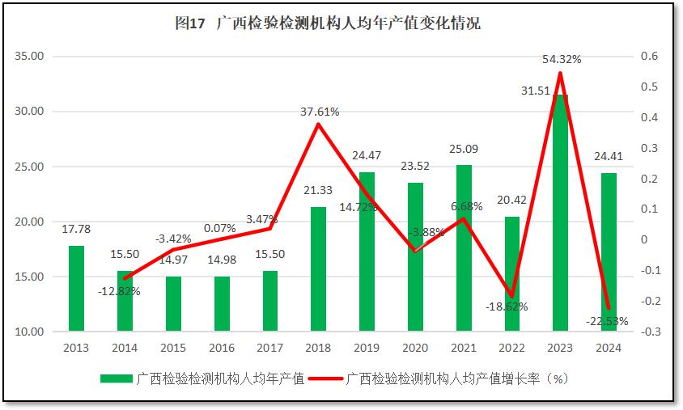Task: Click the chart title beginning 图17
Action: tap(327, 23)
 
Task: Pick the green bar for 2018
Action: tap(318, 269)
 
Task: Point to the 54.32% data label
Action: tap(562, 59)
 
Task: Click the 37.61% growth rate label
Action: tap(319, 112)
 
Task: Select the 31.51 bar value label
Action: tap(537, 91)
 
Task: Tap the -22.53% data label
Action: tap(607, 321)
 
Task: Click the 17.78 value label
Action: tap(76, 230)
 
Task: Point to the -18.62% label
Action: tap(507, 306)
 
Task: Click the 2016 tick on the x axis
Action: tap(222, 348)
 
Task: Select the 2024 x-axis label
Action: tap(609, 348)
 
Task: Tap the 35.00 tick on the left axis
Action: tap(30, 57)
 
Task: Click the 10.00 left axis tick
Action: tap(30, 332)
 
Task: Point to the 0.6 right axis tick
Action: tap(651, 57)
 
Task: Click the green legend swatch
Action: tap(117, 378)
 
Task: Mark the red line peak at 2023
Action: tap(560, 74)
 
